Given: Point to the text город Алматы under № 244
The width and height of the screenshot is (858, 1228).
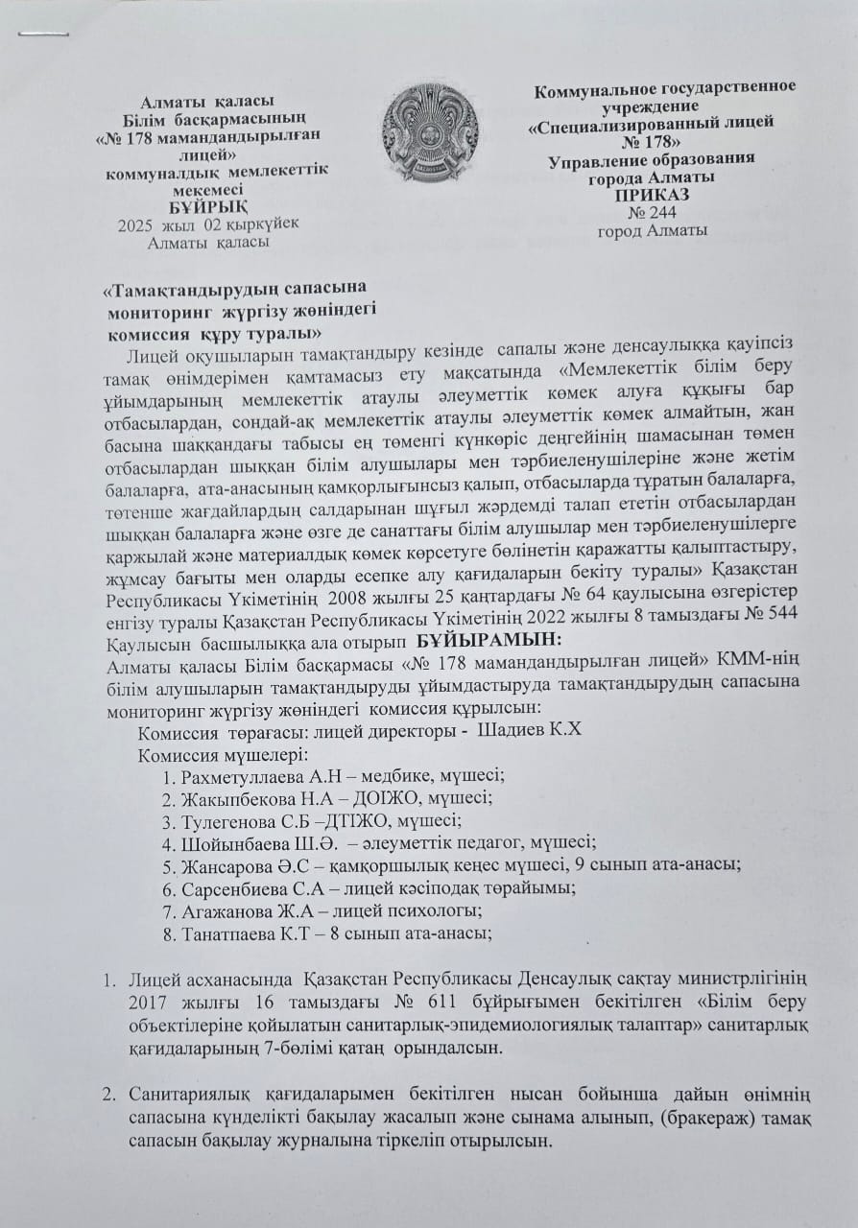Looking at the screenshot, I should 652,230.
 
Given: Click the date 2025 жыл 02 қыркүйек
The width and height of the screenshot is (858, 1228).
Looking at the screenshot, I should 209,224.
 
